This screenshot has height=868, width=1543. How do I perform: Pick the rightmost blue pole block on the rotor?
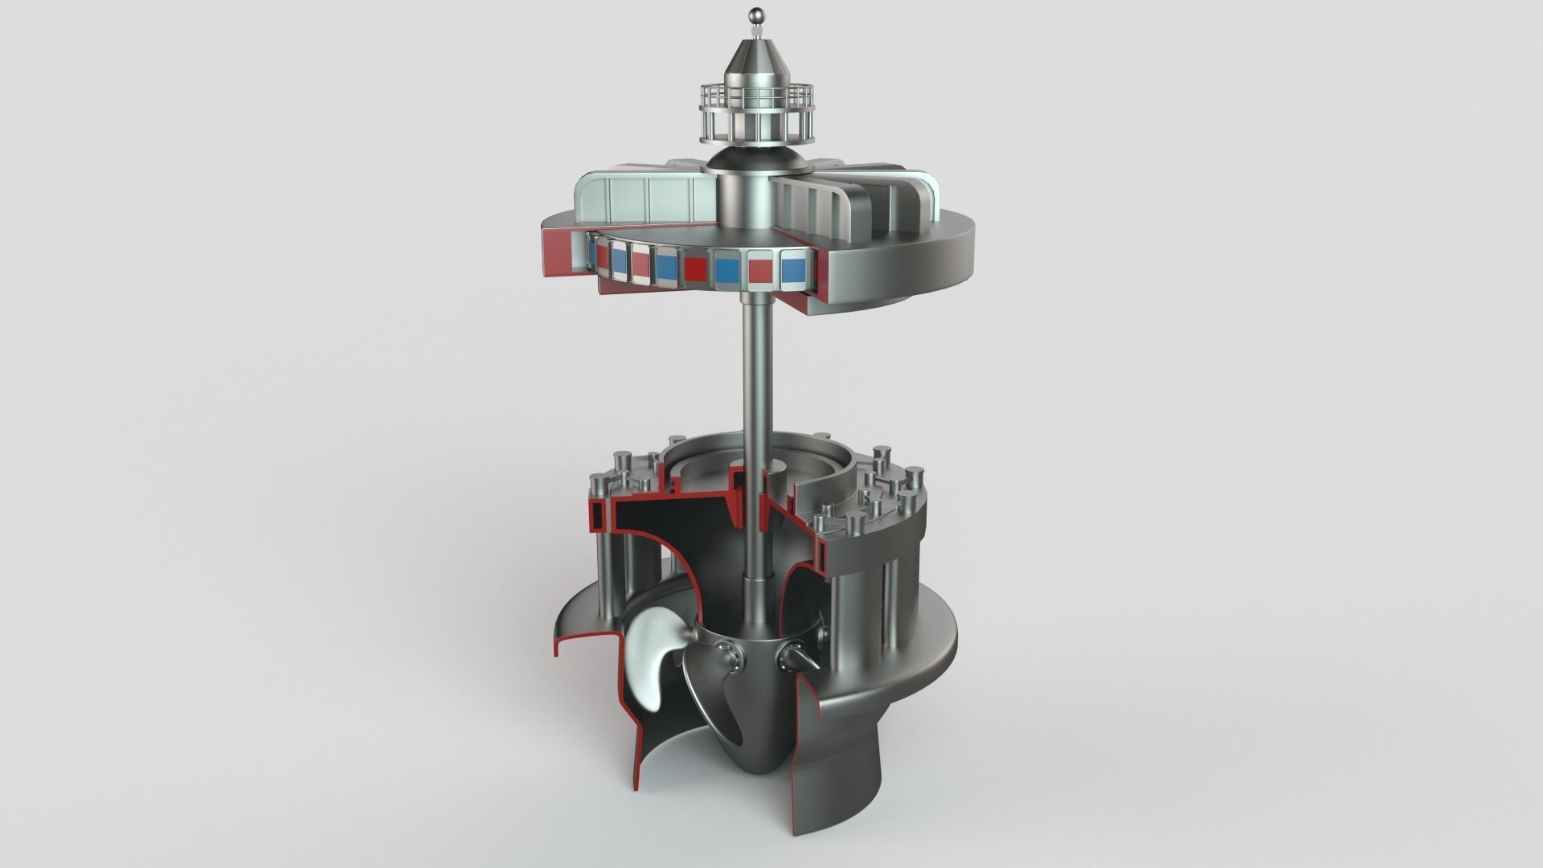point(792,270)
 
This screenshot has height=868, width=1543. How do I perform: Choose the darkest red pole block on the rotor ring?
point(696,269)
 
